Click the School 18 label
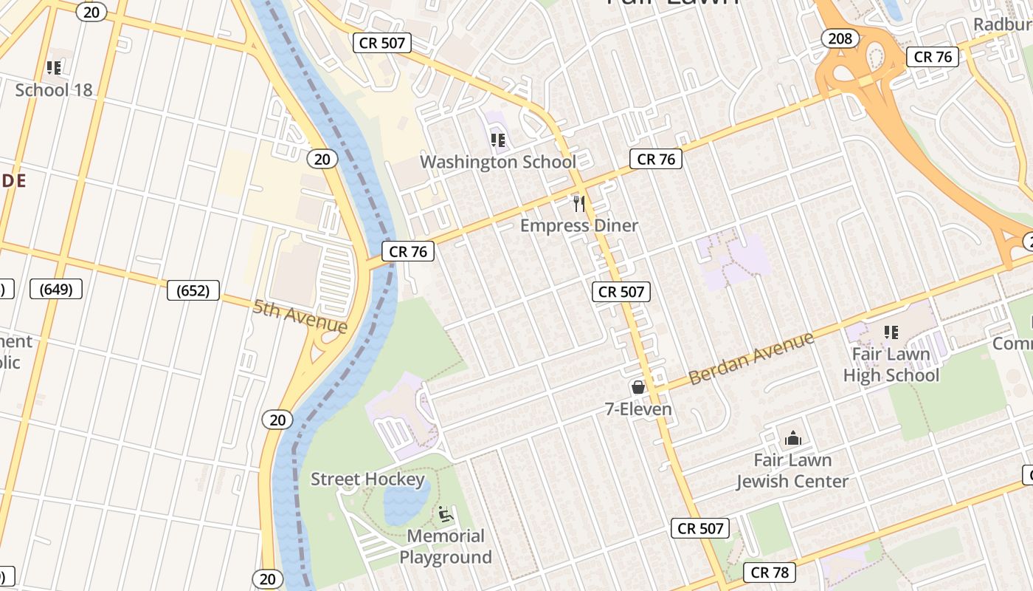click(54, 90)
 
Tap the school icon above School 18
click(54, 68)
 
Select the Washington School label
click(498, 162)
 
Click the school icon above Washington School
click(498, 140)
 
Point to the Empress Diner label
click(579, 225)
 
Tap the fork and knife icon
click(579, 203)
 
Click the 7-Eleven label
click(638, 409)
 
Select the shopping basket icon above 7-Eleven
click(638, 387)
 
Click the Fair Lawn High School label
click(891, 365)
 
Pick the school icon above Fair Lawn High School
click(891, 332)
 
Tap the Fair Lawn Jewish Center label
click(792, 471)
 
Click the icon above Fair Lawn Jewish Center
click(793, 439)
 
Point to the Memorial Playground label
click(446, 547)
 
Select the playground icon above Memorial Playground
click(445, 513)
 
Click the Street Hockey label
click(367, 479)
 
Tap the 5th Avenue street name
click(300, 316)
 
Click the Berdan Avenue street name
click(751, 358)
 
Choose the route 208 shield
click(840, 38)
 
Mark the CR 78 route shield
click(770, 573)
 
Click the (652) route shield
click(193, 290)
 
